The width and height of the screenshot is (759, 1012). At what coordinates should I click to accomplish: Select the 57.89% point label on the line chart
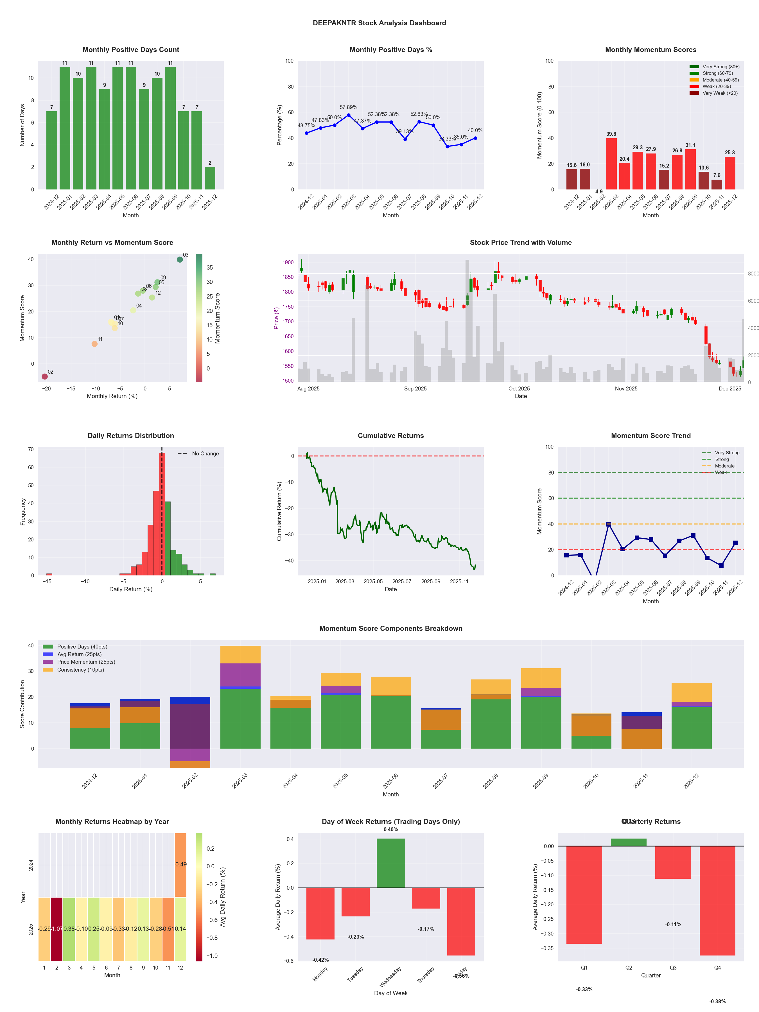[349, 107]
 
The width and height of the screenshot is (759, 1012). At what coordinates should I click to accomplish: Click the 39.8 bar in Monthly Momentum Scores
[611, 164]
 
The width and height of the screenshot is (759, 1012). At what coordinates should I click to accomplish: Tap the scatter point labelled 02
[44, 376]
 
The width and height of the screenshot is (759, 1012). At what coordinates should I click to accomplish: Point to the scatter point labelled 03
[180, 259]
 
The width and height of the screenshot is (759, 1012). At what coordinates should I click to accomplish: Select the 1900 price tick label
[288, 263]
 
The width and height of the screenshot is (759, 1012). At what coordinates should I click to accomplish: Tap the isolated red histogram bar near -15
[49, 574]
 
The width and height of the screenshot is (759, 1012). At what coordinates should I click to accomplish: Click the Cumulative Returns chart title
[391, 435]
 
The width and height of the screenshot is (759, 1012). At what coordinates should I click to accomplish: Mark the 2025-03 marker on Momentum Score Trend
[609, 524]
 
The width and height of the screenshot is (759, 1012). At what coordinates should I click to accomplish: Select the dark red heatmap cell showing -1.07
[57, 929]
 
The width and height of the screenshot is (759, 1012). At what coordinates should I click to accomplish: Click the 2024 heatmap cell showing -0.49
[180, 865]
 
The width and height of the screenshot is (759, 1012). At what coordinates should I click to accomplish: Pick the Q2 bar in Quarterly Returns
[629, 842]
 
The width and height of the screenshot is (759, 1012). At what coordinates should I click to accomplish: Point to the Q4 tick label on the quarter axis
[717, 968]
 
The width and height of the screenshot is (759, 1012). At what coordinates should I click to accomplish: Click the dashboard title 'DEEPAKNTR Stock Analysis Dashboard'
[379, 23]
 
